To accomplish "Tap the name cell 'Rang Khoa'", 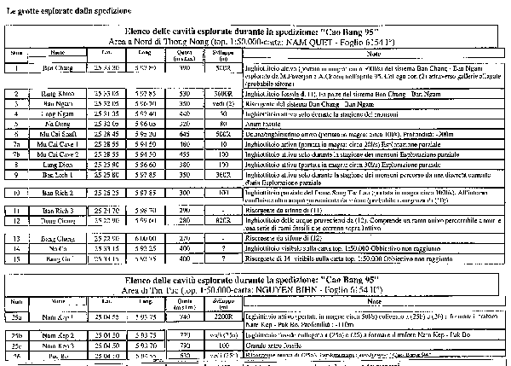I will (x=55, y=92).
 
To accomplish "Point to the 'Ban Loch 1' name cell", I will (x=55, y=174).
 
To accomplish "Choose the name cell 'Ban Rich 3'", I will (x=55, y=209).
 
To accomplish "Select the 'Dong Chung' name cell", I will (x=55, y=221).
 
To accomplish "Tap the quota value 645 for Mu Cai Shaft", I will (x=186, y=134).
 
